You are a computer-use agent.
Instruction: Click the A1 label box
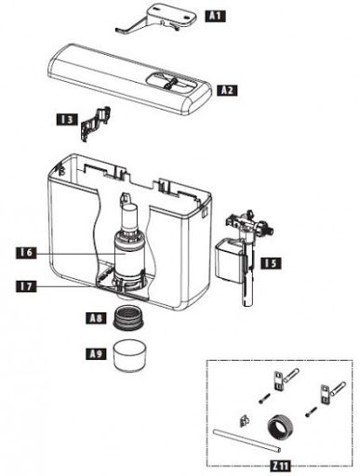(x=214, y=17)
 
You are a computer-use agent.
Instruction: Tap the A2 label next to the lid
(x=228, y=90)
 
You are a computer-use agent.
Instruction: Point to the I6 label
(x=26, y=252)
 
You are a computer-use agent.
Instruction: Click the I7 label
(x=26, y=287)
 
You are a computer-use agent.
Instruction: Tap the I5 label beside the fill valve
(x=270, y=264)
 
